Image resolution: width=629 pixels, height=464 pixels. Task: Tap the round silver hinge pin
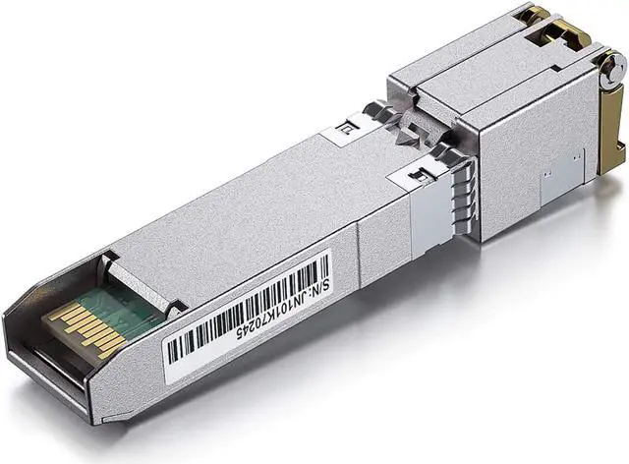[612, 67]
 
